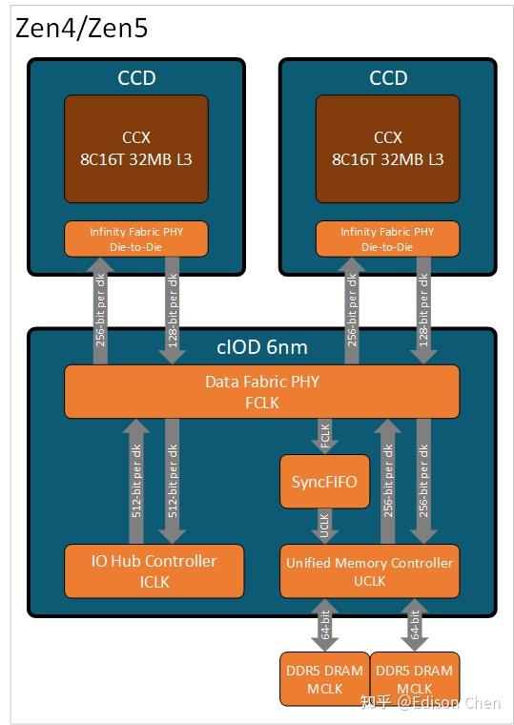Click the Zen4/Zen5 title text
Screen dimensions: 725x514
pyautogui.click(x=82, y=28)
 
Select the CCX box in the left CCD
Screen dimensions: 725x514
pyautogui.click(x=136, y=148)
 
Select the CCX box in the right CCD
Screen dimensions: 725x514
pyautogui.click(x=388, y=148)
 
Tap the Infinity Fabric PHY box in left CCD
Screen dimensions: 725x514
pyautogui.click(x=136, y=238)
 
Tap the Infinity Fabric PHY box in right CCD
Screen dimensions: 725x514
pyautogui.click(x=388, y=238)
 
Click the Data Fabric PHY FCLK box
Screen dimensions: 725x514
pyautogui.click(x=261, y=391)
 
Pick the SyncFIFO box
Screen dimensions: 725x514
pyautogui.click(x=324, y=481)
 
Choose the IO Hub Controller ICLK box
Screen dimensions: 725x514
pyautogui.click(x=154, y=570)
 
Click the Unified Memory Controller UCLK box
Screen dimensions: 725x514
pyautogui.click(x=369, y=570)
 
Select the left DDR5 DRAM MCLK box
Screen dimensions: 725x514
pyautogui.click(x=323, y=678)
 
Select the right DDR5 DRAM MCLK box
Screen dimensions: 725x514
pyautogui.click(x=414, y=678)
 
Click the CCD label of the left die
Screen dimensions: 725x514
pyautogui.click(x=136, y=78)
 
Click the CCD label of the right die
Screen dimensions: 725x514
pyautogui.click(x=388, y=78)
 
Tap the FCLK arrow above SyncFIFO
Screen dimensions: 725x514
pyautogui.click(x=324, y=437)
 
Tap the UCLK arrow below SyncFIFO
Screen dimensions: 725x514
pyautogui.click(x=324, y=526)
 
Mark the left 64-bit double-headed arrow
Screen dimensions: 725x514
pyautogui.click(x=324, y=624)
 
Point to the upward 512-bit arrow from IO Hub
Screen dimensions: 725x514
pyautogui.click(x=136, y=481)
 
